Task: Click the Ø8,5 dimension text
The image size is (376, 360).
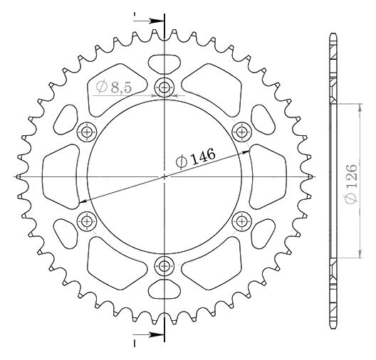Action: (x=114, y=88)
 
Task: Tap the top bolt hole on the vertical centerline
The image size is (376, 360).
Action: (x=164, y=88)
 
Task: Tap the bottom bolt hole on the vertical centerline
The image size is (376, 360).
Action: (x=164, y=265)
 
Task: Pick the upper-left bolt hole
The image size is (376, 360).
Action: (x=87, y=132)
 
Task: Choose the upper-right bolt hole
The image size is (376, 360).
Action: (x=242, y=132)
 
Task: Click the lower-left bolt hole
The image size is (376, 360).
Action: (x=87, y=221)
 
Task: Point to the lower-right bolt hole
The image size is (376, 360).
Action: (x=242, y=221)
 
